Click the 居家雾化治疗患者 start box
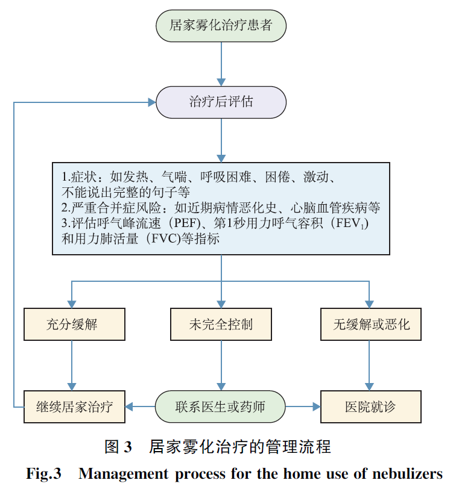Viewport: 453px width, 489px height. coord(221,25)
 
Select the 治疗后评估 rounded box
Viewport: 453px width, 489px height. coord(221,102)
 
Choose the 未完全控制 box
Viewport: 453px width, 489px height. coord(221,325)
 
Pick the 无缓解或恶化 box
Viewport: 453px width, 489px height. coord(370,325)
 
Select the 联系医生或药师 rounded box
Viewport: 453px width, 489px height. coord(221,406)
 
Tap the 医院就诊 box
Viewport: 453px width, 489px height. coord(370,406)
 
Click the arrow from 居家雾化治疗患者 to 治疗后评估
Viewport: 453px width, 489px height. coord(221,64)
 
